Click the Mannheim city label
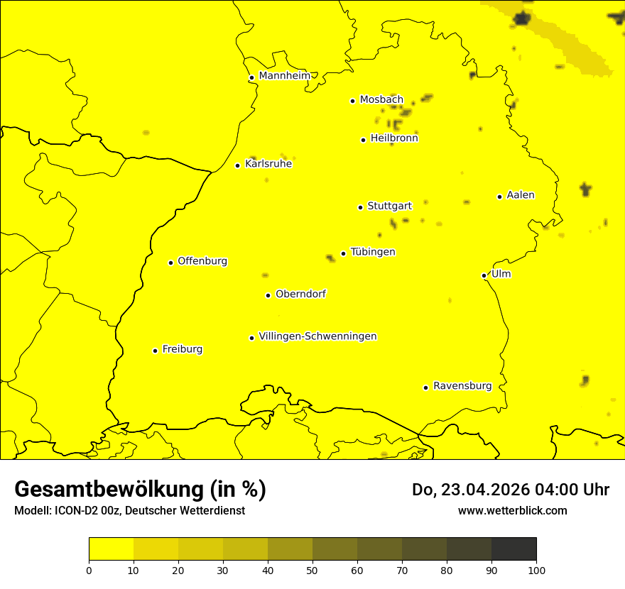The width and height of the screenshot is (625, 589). point(284,76)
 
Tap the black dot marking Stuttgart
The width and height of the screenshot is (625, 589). point(360,207)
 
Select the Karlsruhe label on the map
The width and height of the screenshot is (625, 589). point(268,164)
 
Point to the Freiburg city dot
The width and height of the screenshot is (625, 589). point(155,351)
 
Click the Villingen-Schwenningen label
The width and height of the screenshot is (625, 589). point(317,336)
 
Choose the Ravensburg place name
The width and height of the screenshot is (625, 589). point(462,386)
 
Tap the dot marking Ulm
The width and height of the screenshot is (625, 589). point(484,275)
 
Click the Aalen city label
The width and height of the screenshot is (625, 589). point(521,195)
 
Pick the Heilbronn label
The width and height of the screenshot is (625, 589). point(394,138)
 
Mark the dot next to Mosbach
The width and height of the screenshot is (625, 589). point(352,101)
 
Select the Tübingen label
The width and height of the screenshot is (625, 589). point(373,252)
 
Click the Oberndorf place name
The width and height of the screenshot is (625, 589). point(300,294)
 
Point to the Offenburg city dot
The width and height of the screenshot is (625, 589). point(170,263)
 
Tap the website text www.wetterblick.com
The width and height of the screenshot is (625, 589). point(512,511)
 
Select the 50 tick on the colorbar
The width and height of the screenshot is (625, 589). point(312,570)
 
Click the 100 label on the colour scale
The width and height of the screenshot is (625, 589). point(536,570)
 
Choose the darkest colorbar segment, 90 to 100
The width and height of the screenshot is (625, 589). point(513,549)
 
